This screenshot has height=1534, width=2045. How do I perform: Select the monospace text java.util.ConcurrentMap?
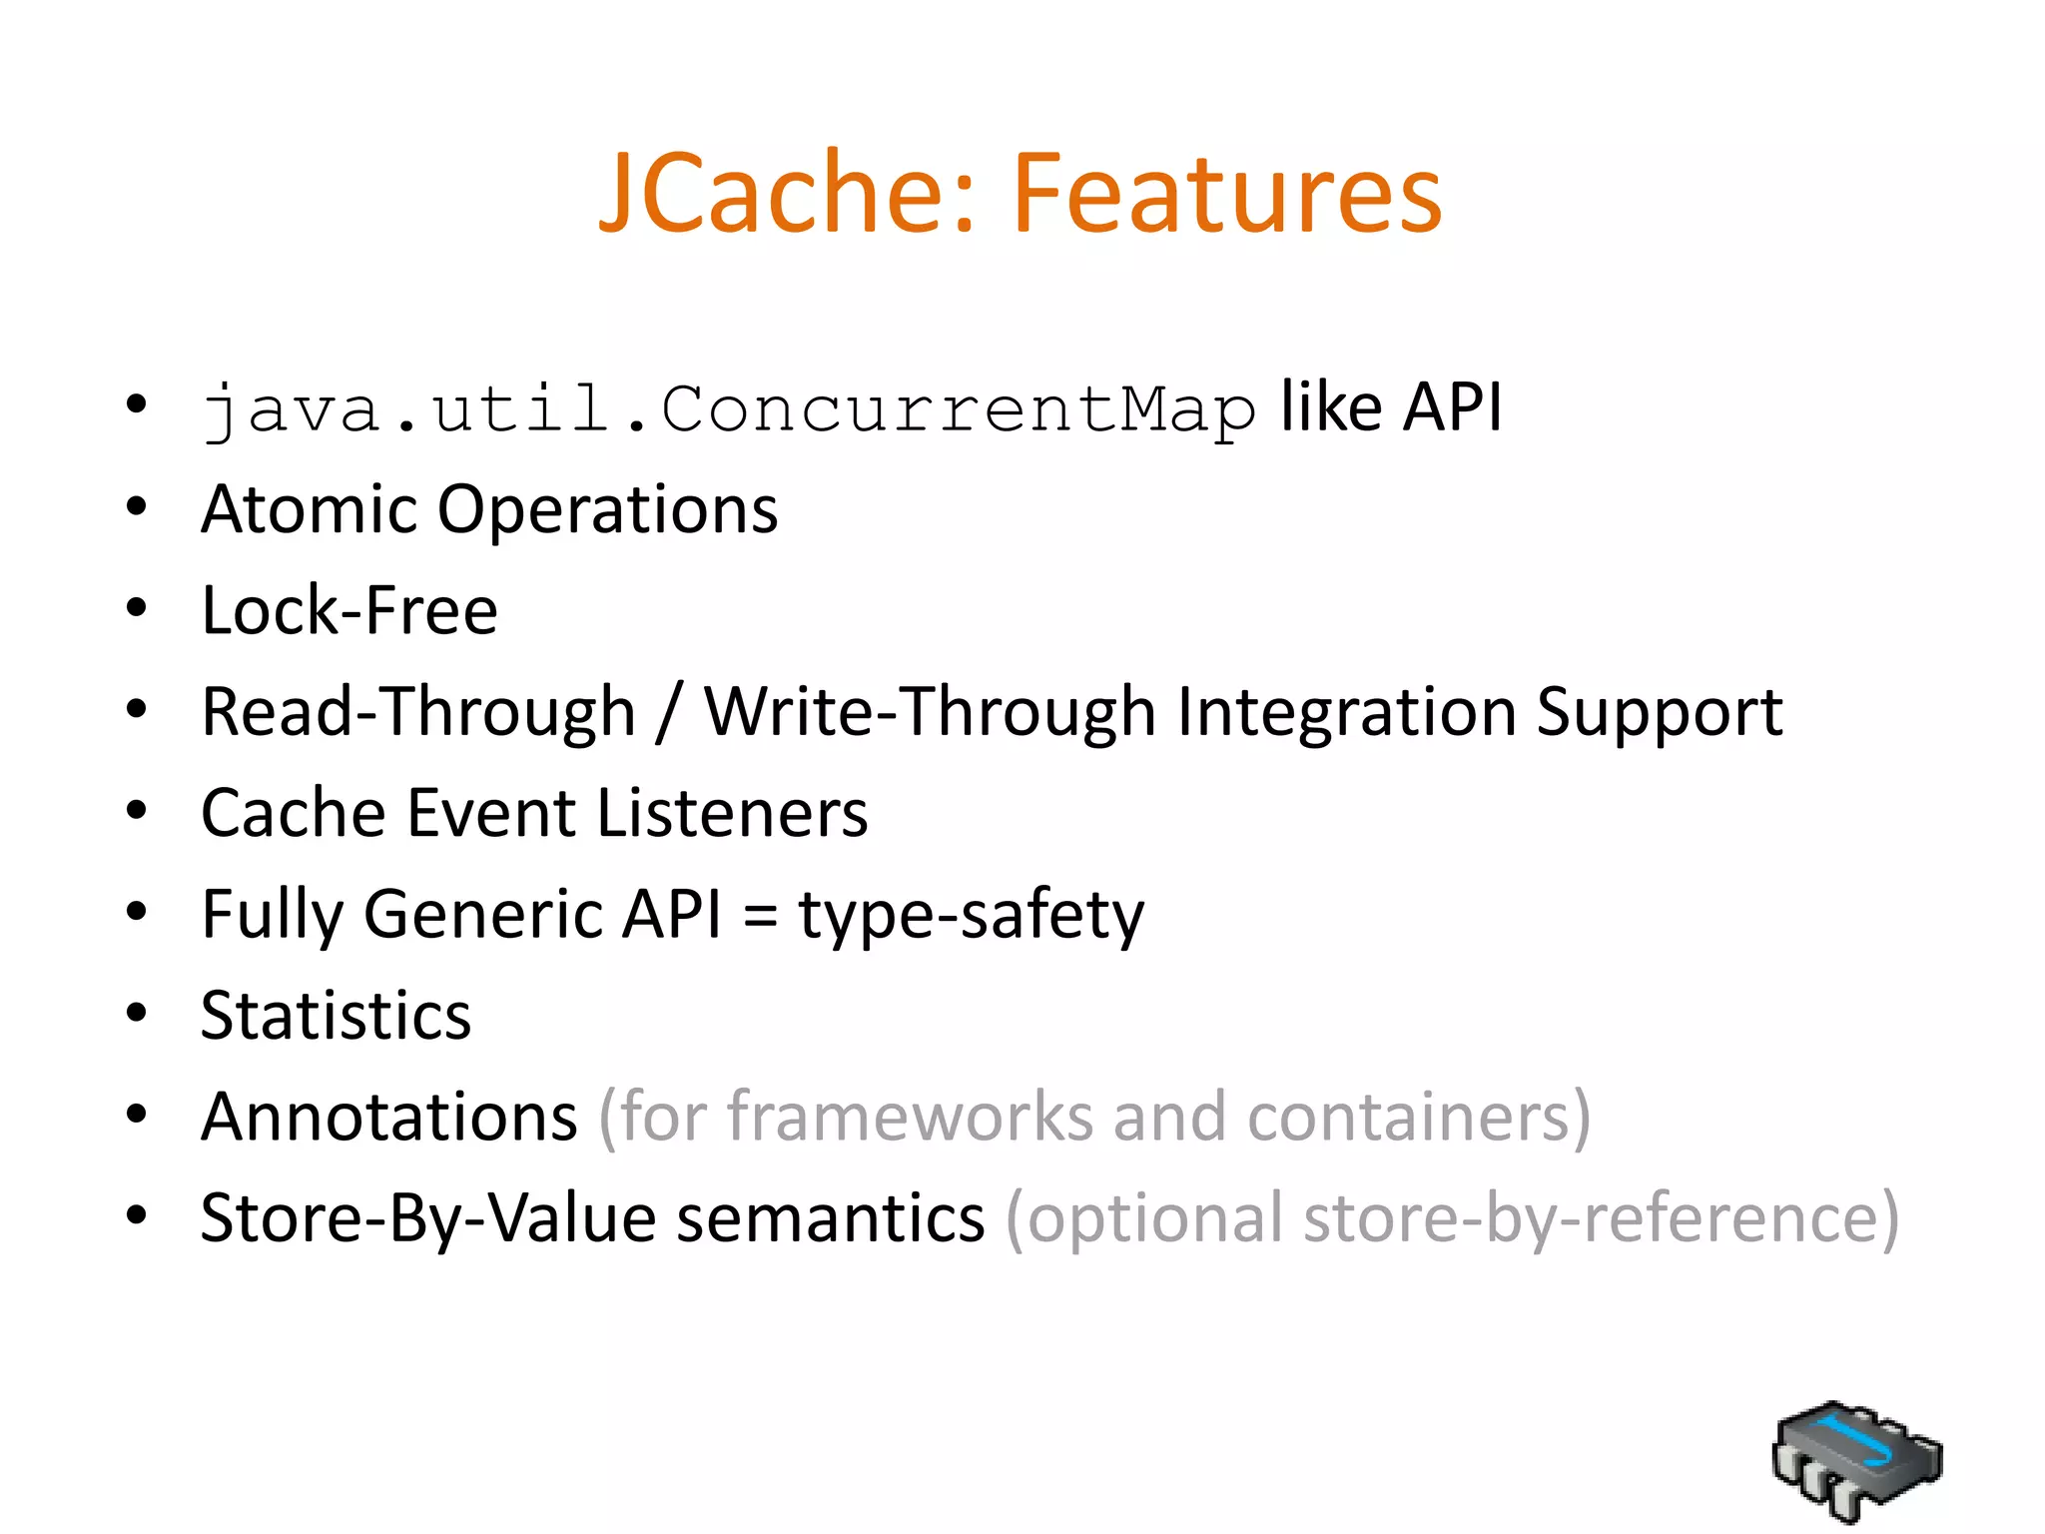[728, 410]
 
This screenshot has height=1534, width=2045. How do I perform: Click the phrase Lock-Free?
[349, 610]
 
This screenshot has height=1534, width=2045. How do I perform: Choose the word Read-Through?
[418, 713]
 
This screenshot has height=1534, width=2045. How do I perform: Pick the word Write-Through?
[930, 713]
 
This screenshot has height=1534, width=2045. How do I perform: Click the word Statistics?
[336, 1016]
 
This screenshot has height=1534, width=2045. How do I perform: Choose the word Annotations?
[388, 1117]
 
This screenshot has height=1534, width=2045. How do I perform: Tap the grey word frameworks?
[910, 1117]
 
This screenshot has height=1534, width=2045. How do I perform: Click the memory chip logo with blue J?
[1856, 1461]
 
